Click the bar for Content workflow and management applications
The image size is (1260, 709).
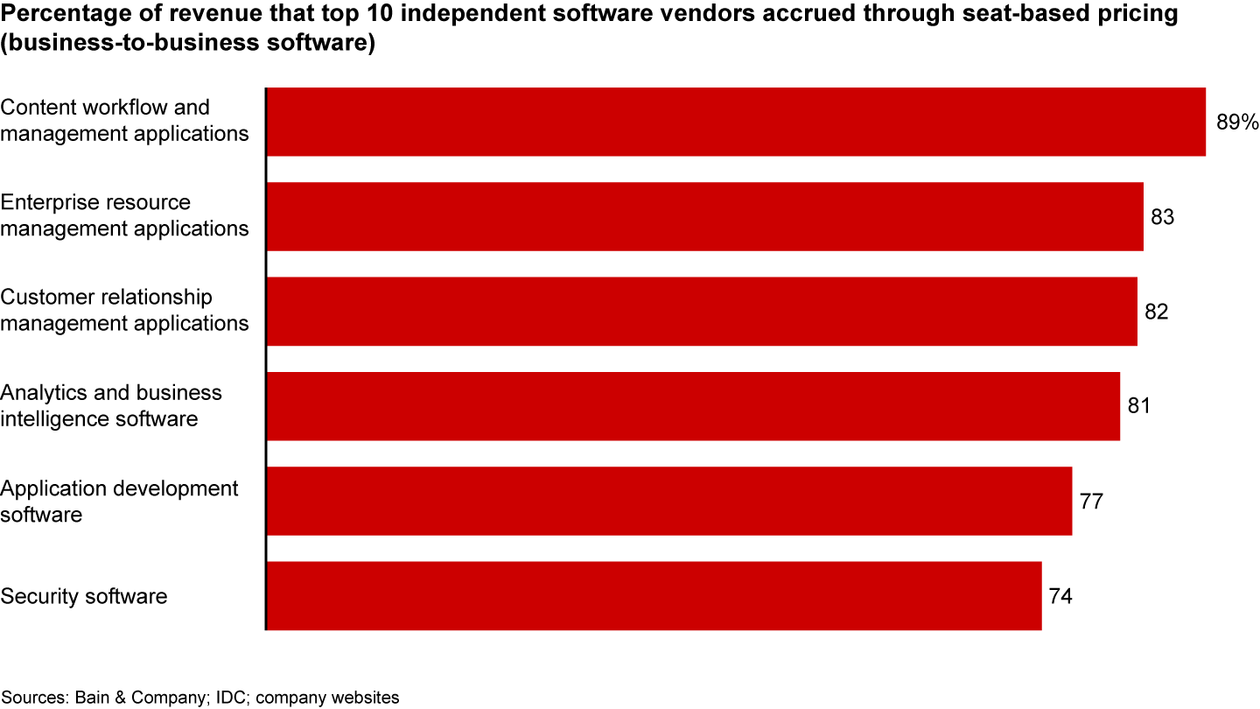(735, 122)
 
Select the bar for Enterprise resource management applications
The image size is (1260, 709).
(704, 216)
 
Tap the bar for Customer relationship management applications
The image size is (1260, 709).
(701, 312)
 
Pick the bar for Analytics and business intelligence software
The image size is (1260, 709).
(692, 406)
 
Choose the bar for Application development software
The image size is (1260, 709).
(668, 501)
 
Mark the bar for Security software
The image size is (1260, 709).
(654, 596)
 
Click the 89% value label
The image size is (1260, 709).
(1236, 122)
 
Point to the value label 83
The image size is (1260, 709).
(1162, 216)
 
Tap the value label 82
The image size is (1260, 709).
(1156, 312)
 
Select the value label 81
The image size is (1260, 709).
(1138, 406)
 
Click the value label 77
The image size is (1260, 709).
(1091, 502)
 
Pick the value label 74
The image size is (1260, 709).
(1060, 596)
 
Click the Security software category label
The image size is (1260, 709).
(84, 596)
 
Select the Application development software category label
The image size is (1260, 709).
(119, 501)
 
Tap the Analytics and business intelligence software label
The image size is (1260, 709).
(111, 406)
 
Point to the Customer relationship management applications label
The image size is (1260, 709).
(124, 311)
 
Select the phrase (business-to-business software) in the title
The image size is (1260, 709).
(188, 43)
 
